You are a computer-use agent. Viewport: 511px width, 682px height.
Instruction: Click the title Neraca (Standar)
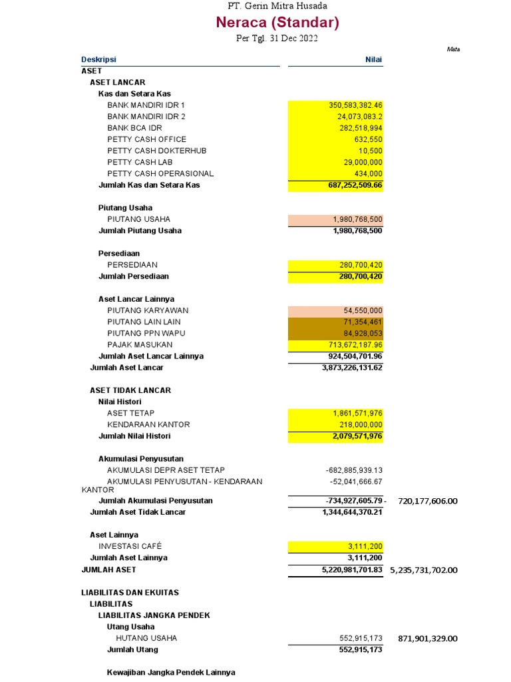click(277, 23)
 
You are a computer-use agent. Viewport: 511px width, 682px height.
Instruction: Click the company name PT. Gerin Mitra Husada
click(277, 6)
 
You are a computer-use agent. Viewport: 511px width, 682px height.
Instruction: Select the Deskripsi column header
click(98, 59)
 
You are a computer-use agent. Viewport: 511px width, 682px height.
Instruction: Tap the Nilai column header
click(373, 59)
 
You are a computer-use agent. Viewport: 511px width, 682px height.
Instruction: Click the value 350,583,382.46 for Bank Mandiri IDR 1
click(355, 105)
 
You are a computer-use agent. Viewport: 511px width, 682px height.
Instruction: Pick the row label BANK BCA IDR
click(134, 128)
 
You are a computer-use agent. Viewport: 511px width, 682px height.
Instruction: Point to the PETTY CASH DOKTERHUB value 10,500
click(371, 151)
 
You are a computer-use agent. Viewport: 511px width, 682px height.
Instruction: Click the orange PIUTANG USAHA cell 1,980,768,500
click(357, 219)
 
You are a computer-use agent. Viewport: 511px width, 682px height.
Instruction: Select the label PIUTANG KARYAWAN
click(148, 310)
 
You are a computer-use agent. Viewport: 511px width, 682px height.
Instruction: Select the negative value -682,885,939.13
click(354, 470)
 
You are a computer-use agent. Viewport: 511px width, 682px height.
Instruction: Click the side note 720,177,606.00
click(428, 501)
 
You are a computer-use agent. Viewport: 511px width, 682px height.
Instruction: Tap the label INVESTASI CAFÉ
click(134, 546)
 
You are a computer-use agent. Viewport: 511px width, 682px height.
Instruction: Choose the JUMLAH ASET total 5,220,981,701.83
click(351, 570)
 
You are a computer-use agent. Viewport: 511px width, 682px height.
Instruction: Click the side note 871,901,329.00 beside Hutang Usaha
click(428, 639)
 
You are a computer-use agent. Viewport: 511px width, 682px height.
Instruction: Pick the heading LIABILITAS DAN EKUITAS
click(130, 592)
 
